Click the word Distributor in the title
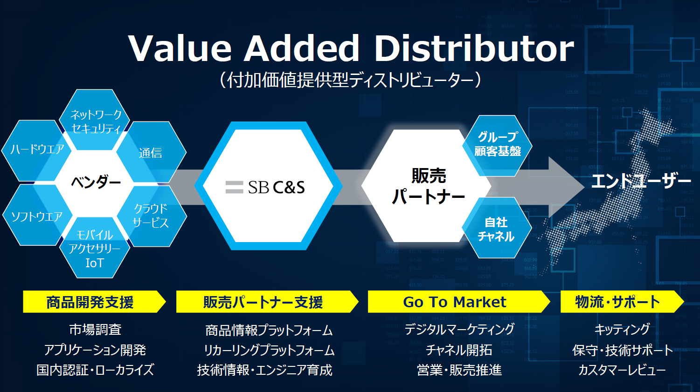point(474,48)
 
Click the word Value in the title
point(180,48)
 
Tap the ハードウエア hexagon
point(37,150)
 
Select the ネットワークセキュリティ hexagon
point(95,120)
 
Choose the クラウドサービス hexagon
point(152,216)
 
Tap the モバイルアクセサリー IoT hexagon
point(95,248)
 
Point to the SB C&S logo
point(265,187)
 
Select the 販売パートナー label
point(429,186)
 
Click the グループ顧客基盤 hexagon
point(497,145)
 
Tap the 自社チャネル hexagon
point(497,228)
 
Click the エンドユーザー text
point(641,181)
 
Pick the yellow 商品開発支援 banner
point(94,302)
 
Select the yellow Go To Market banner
point(459,302)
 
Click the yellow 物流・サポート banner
point(622,302)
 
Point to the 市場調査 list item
point(95,330)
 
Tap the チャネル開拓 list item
point(459,350)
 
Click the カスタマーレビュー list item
point(622,370)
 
